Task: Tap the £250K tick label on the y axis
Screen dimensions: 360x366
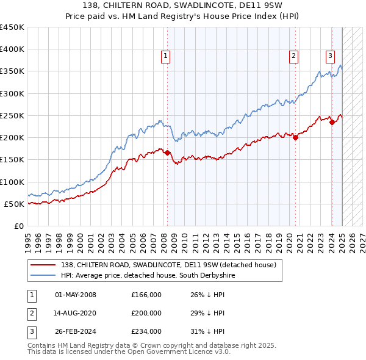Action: point(12,115)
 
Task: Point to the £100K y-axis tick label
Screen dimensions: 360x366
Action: point(12,182)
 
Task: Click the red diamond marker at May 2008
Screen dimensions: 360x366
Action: point(167,153)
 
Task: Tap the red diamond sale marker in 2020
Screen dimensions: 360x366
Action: point(295,138)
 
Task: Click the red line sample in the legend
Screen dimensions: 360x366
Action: point(43,265)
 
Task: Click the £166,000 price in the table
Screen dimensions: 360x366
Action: point(146,295)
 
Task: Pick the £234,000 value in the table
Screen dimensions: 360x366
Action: point(146,332)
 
